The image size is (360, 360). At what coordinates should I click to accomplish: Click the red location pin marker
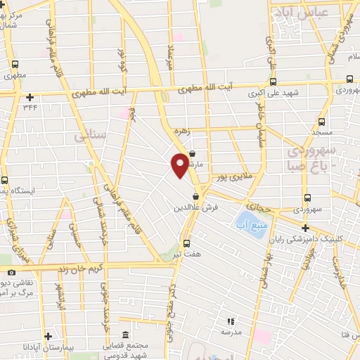(x=180, y=164)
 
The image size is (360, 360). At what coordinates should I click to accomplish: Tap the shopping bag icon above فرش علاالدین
(x=196, y=196)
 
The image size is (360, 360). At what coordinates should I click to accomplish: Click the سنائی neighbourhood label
(x=89, y=134)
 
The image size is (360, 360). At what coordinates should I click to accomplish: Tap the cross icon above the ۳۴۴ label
(x=30, y=98)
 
